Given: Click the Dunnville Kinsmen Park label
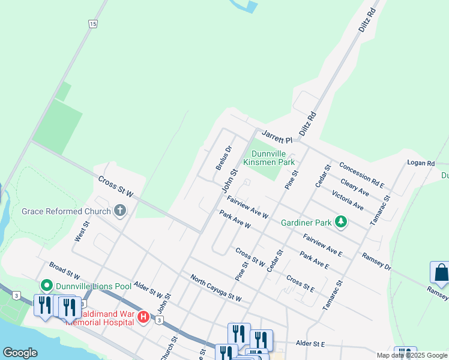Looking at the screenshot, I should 269,158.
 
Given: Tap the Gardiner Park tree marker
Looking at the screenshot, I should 341,223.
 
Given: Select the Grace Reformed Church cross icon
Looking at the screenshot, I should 120,211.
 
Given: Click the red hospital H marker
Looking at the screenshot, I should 143,317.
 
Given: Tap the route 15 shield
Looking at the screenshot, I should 92,23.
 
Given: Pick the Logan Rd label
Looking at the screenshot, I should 420,163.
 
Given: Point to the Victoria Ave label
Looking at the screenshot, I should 348,201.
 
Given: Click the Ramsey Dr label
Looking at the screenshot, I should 376,261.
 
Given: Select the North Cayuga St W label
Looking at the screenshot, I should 215,288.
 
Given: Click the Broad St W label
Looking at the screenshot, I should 65,271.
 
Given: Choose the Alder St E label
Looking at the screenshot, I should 310,344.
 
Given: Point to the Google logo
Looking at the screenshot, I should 20,353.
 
